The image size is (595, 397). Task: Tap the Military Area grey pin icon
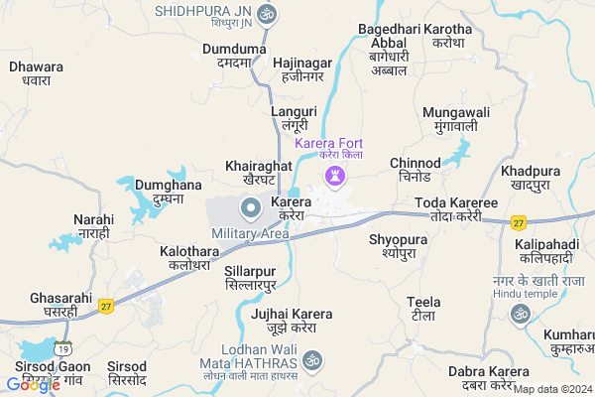pyautogui.click(x=250, y=208)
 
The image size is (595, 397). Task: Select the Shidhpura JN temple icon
pyautogui.click(x=265, y=15)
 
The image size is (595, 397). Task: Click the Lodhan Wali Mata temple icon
pyautogui.click(x=312, y=358)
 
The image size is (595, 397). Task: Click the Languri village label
pyautogui.click(x=294, y=119)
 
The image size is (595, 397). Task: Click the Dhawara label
pyautogui.click(x=36, y=74)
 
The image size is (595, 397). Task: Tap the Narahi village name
pyautogui.click(x=93, y=225)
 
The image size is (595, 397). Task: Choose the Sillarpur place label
pyautogui.click(x=250, y=277)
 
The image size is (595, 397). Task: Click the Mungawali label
pyautogui.click(x=456, y=119)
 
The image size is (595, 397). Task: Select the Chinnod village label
pyautogui.click(x=416, y=170)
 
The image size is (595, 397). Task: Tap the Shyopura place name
pyautogui.click(x=398, y=246)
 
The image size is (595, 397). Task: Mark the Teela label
pyautogui.click(x=423, y=308)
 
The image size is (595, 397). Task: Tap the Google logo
pyautogui.click(x=32, y=384)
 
